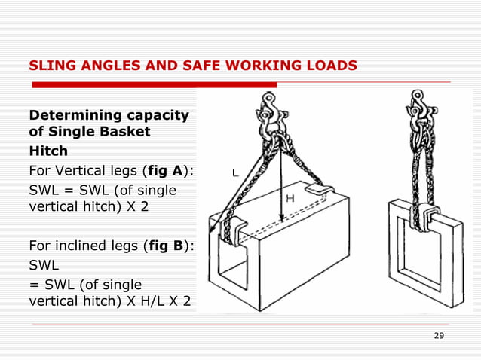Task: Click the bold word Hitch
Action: [x=47, y=151]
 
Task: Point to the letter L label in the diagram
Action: [x=235, y=172]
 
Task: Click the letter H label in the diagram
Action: [x=289, y=198]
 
